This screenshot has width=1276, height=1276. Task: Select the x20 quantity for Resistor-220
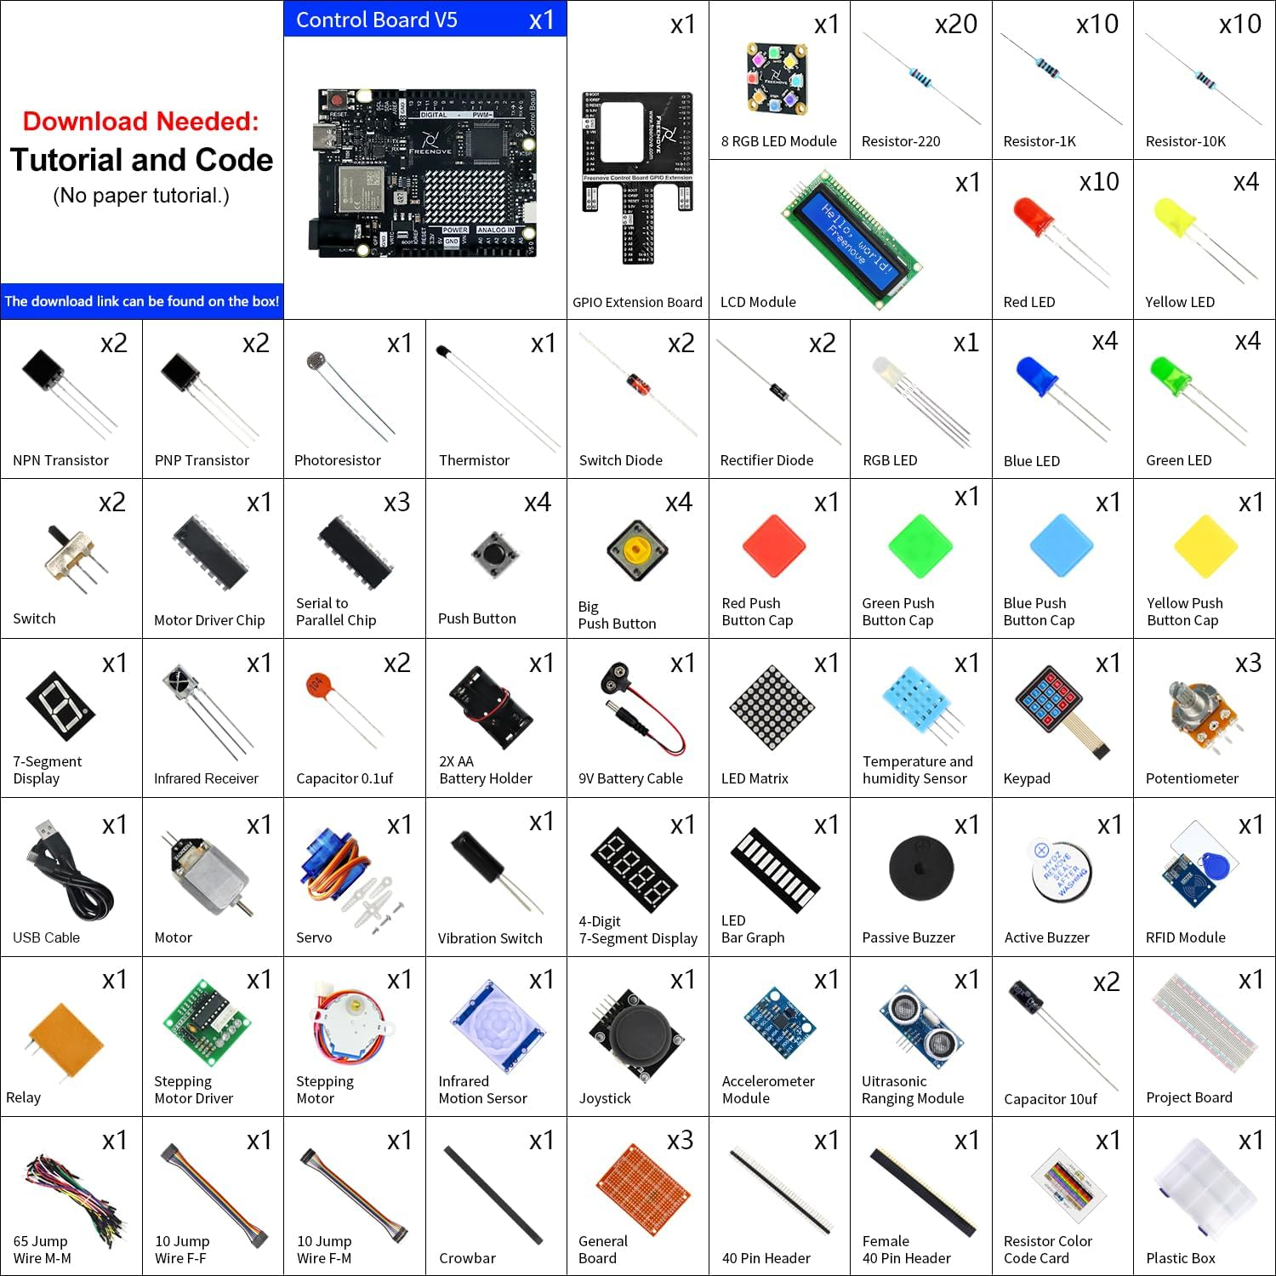coord(955,24)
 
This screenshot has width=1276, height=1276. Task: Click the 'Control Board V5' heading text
coord(376,20)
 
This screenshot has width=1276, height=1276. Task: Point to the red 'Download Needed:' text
coord(140,122)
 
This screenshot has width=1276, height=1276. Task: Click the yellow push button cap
coord(1205,546)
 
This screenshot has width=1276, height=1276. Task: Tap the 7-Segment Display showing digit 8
coord(60,706)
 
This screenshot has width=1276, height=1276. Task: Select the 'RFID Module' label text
coord(1185,937)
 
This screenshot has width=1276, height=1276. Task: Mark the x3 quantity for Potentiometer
coord(1248,664)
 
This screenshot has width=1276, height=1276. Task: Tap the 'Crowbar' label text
coord(467,1258)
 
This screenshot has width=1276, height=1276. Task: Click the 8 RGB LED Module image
coord(778,78)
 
